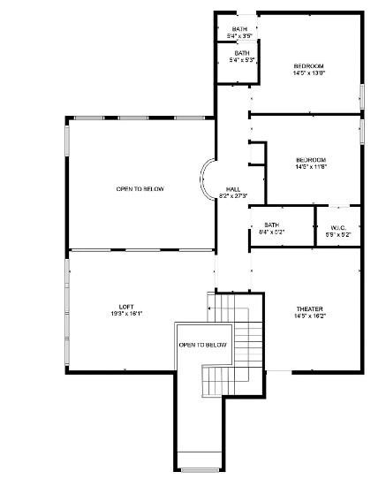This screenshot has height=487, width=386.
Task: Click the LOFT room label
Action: pyautogui.click(x=126, y=307)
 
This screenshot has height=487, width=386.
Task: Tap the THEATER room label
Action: pyautogui.click(x=309, y=308)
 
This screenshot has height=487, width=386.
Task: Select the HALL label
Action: pyautogui.click(x=233, y=189)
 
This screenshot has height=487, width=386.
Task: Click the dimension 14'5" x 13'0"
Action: pyautogui.click(x=309, y=73)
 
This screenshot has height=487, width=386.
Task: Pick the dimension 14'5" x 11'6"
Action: pyautogui.click(x=311, y=167)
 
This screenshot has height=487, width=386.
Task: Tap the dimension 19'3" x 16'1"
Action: pyautogui.click(x=126, y=314)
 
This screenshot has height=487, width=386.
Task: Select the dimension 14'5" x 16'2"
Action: pyautogui.click(x=309, y=316)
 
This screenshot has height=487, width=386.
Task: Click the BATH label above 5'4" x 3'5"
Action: pyautogui.click(x=240, y=29)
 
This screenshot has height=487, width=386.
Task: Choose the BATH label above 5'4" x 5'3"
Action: pyautogui.click(x=241, y=53)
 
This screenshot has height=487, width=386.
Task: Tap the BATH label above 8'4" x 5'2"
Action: pyautogui.click(x=271, y=225)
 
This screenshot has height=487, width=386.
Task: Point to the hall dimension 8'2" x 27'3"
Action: pyautogui.click(x=233, y=196)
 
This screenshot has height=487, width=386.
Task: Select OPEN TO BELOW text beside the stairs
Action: pyautogui.click(x=202, y=345)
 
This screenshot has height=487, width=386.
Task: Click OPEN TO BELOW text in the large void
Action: pyautogui.click(x=140, y=188)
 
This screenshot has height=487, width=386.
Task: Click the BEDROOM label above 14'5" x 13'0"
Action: pyautogui.click(x=309, y=66)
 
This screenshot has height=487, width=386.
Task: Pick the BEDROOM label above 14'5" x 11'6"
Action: pyautogui.click(x=311, y=160)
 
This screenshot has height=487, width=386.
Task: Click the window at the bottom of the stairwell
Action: pyautogui.click(x=198, y=469)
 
